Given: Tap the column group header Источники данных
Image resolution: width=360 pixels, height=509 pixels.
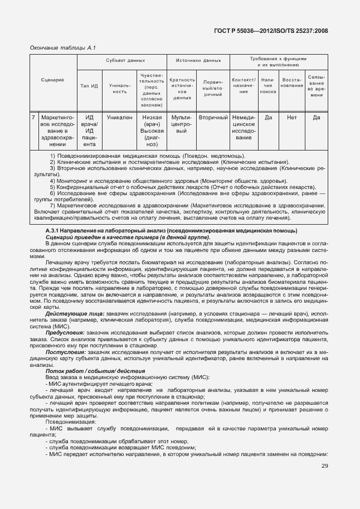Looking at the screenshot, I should pyautogui.click(x=198, y=60).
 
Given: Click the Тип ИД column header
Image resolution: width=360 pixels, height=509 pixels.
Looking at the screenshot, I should pyautogui.click(x=89, y=86).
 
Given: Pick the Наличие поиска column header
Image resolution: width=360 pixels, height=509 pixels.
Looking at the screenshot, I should pyautogui.click(x=268, y=86).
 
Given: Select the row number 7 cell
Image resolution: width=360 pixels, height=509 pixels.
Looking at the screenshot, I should pyautogui.click(x=33, y=118).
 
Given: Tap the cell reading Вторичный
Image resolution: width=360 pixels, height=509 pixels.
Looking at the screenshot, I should pyautogui.click(x=213, y=118).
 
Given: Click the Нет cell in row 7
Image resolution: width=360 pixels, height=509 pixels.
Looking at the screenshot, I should pyautogui.click(x=292, y=118).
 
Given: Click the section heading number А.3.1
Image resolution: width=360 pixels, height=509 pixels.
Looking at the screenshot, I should pyautogui.click(x=52, y=231).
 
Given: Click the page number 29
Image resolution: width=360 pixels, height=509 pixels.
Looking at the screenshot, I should pyautogui.click(x=324, y=467).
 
